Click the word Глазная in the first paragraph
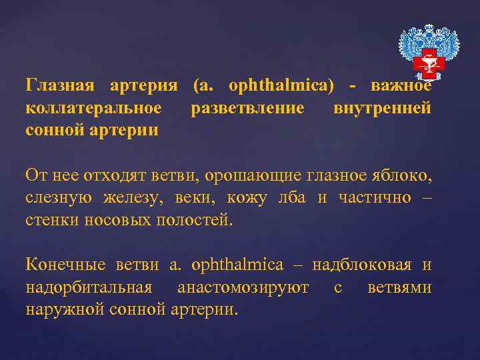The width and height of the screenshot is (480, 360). coord(61,87)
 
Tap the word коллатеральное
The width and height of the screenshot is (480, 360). coord(93,108)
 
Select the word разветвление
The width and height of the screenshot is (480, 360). coord(247,108)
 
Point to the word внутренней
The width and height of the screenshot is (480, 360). coord(382,108)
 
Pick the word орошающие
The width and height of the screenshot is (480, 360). coord(255,175)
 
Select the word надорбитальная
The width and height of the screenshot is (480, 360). coord(89,287)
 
